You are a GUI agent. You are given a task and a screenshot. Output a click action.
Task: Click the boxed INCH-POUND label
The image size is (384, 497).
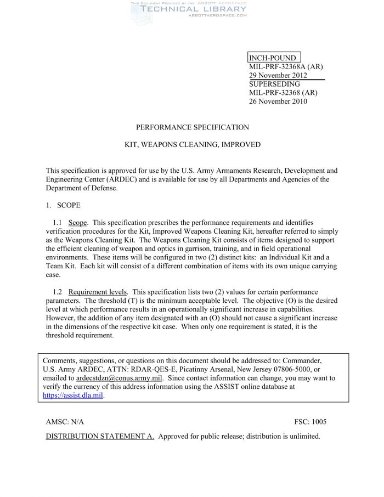click(x=273, y=58)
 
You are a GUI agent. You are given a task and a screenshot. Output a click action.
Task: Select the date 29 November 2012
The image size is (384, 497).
click(x=278, y=76)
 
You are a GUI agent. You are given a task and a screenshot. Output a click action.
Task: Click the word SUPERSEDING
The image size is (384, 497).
click(x=274, y=84)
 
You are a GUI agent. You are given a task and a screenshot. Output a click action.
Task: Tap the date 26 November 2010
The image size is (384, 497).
click(x=278, y=101)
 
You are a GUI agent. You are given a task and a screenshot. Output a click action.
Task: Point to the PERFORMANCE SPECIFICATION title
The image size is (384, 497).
click(x=192, y=127)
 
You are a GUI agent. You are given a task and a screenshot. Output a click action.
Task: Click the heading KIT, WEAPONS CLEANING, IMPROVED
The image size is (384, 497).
click(x=192, y=145)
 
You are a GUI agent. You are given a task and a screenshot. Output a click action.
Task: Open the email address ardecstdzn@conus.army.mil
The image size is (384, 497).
click(x=119, y=378)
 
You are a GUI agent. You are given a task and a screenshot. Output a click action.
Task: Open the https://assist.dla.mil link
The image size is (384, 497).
click(x=73, y=395)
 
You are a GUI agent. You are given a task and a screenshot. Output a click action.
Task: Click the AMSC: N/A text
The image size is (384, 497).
click(x=65, y=422)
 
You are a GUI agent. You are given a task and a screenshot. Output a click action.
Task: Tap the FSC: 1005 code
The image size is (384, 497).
click(x=310, y=422)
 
